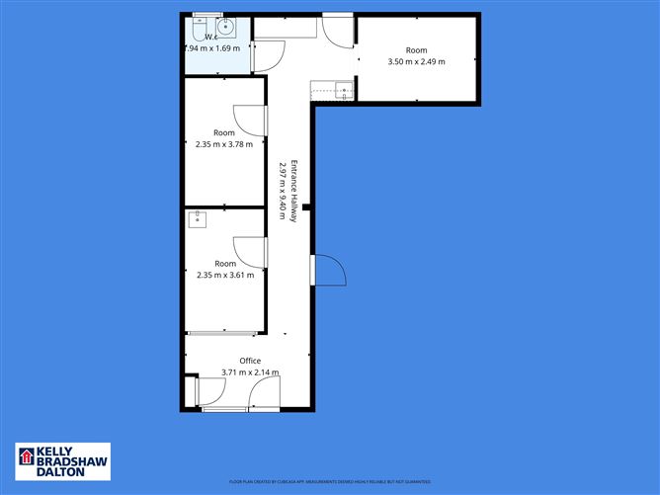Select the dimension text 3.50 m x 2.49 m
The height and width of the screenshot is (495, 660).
(x=416, y=61)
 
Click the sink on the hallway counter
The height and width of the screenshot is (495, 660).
(x=343, y=91)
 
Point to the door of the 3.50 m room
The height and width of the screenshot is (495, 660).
(x=338, y=29)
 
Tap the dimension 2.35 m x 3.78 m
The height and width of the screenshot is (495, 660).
(x=225, y=144)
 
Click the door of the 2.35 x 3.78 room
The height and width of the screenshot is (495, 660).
(x=250, y=121)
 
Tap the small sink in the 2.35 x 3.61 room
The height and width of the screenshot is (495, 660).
(x=196, y=219)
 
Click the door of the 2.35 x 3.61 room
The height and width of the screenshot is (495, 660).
(x=250, y=252)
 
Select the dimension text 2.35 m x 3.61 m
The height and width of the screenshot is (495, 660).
(x=225, y=276)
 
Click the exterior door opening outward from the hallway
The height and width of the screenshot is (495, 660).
(x=327, y=270)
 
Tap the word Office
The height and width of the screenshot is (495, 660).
(x=250, y=361)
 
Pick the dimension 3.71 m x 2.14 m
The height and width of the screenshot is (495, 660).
(x=250, y=372)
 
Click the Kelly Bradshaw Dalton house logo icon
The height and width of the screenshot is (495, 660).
(x=26, y=457)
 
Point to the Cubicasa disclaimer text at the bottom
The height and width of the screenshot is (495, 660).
(x=329, y=481)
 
